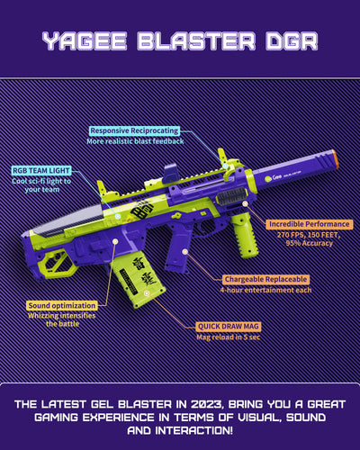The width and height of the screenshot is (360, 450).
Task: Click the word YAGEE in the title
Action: point(85,41)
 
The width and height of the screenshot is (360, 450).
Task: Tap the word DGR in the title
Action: point(292,41)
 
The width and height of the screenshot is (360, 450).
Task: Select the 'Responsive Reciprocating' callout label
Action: point(134,130)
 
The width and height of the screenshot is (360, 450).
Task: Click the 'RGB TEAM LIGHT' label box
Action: point(41,171)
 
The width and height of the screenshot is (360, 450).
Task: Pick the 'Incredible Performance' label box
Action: point(309,224)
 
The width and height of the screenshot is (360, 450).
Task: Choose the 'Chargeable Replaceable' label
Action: point(265,279)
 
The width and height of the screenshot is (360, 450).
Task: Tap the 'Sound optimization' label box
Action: point(62,306)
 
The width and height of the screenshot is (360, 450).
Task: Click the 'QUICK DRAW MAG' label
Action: point(229,327)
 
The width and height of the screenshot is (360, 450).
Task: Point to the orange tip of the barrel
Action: point(335,159)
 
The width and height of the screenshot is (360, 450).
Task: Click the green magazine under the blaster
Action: point(138,281)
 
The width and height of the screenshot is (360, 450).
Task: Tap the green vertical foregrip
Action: point(245,236)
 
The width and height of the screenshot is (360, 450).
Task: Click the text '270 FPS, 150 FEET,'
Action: point(309,235)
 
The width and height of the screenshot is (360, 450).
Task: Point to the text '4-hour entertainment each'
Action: point(265,291)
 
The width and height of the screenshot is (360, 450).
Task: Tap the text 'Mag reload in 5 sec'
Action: point(229,337)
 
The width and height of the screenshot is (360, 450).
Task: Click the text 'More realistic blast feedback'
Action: point(135,141)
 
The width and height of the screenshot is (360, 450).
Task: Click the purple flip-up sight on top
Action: point(170,173)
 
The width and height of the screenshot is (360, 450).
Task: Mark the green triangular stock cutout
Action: point(58,265)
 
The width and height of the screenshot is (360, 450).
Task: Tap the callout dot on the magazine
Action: point(147,293)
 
